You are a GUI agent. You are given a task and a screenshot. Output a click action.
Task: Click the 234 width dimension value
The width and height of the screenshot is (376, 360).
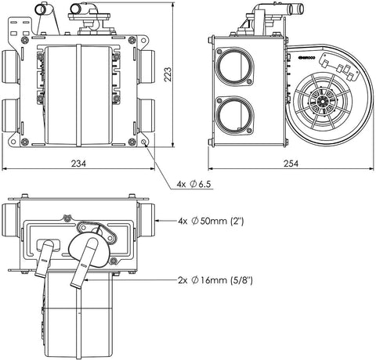coord(78,164)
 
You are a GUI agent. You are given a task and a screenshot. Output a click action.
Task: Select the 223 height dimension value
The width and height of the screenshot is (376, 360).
coord(168,74)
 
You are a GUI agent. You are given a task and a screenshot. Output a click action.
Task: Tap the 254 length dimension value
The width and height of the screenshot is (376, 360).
coord(291,164)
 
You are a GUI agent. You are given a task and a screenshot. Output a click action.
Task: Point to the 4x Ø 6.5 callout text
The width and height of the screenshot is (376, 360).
coord(193,184)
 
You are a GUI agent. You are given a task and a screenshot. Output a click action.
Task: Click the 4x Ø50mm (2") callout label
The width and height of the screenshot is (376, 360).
coord(211,221)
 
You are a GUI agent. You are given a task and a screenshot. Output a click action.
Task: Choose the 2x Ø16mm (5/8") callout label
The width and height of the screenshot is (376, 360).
coord(215,280)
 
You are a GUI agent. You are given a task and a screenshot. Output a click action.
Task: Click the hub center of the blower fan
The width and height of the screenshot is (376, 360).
coord(321,100)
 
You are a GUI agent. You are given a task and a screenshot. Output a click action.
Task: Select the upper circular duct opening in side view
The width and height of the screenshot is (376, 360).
coord(234,66)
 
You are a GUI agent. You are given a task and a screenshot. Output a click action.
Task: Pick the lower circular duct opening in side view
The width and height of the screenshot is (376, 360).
coord(235,114)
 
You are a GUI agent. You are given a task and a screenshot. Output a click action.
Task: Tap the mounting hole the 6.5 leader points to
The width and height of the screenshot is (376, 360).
coord(144,142)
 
